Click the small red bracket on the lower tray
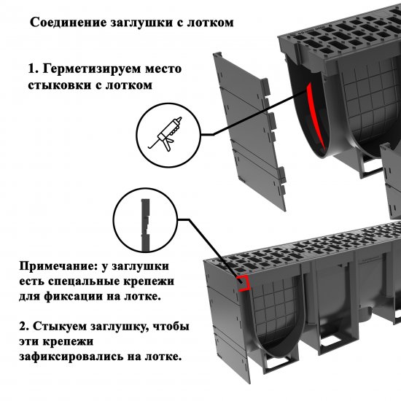click(245, 283)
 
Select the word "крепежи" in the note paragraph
click(155, 281)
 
